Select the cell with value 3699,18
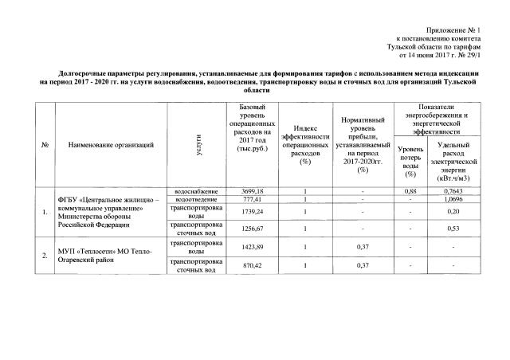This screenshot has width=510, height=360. [x=251, y=192]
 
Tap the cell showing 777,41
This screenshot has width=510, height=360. [x=251, y=200]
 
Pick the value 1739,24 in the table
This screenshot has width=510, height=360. [x=251, y=213]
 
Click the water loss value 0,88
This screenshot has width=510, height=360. [x=411, y=192]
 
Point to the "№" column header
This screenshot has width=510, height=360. [x=45, y=144]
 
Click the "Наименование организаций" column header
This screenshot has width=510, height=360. [x=110, y=144]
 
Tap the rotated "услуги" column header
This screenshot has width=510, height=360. [x=196, y=144]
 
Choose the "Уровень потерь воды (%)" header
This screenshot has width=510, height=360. [x=411, y=162]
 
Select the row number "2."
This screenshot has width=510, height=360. [x=45, y=256]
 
